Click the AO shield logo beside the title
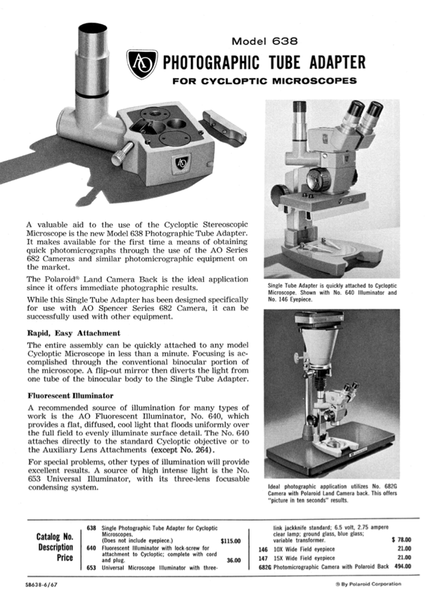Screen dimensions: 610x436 [141, 64]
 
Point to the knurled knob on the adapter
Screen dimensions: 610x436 [124, 150]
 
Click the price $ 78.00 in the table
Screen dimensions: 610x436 [399, 540]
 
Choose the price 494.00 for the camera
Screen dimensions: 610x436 [401, 566]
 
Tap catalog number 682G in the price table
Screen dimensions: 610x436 [264, 566]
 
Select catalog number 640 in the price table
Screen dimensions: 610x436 [91, 547]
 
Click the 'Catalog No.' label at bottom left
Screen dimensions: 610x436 [54, 538]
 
